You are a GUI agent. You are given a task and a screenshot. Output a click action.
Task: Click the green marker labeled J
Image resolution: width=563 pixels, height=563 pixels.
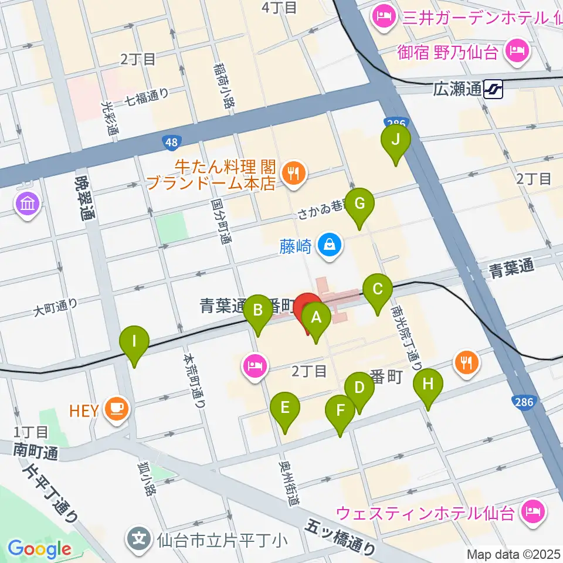[x=395, y=140]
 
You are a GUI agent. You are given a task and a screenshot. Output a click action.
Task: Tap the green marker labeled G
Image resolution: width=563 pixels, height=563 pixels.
[x=359, y=204]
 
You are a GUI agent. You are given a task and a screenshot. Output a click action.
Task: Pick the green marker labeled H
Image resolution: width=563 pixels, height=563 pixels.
[x=428, y=385]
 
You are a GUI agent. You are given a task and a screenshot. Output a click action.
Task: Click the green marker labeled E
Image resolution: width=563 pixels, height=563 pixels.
[x=285, y=408]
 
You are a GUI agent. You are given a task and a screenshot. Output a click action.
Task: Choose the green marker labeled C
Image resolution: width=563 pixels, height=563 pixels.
[x=378, y=289]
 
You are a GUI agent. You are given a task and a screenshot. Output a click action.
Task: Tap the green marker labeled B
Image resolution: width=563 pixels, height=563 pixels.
[x=257, y=309]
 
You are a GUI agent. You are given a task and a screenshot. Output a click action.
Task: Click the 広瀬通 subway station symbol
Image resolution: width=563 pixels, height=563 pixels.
[x=495, y=90]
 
